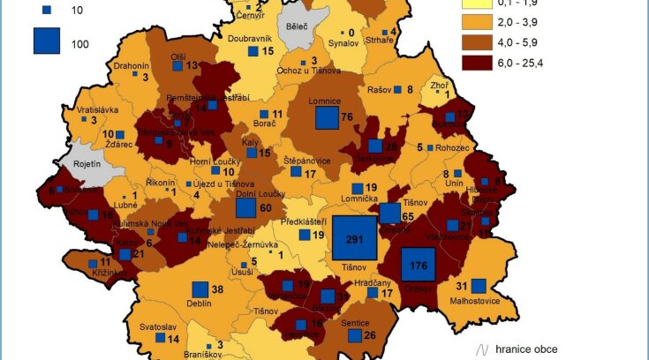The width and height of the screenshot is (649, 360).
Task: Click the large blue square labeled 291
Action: tap(354, 238)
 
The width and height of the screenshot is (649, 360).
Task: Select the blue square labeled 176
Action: tap(419, 266)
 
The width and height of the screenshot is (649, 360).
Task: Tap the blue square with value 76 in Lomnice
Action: tap(327, 118)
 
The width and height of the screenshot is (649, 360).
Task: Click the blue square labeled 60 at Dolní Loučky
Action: tap(245, 207)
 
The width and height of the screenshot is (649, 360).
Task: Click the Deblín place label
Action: tap(200, 303)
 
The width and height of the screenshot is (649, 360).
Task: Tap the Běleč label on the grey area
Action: tap(298, 26)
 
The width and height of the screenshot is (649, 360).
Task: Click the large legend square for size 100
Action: tap(47, 41)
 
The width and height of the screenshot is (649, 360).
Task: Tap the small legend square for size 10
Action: tap(47, 10)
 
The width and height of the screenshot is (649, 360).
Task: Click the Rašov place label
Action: tap(379, 89)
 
